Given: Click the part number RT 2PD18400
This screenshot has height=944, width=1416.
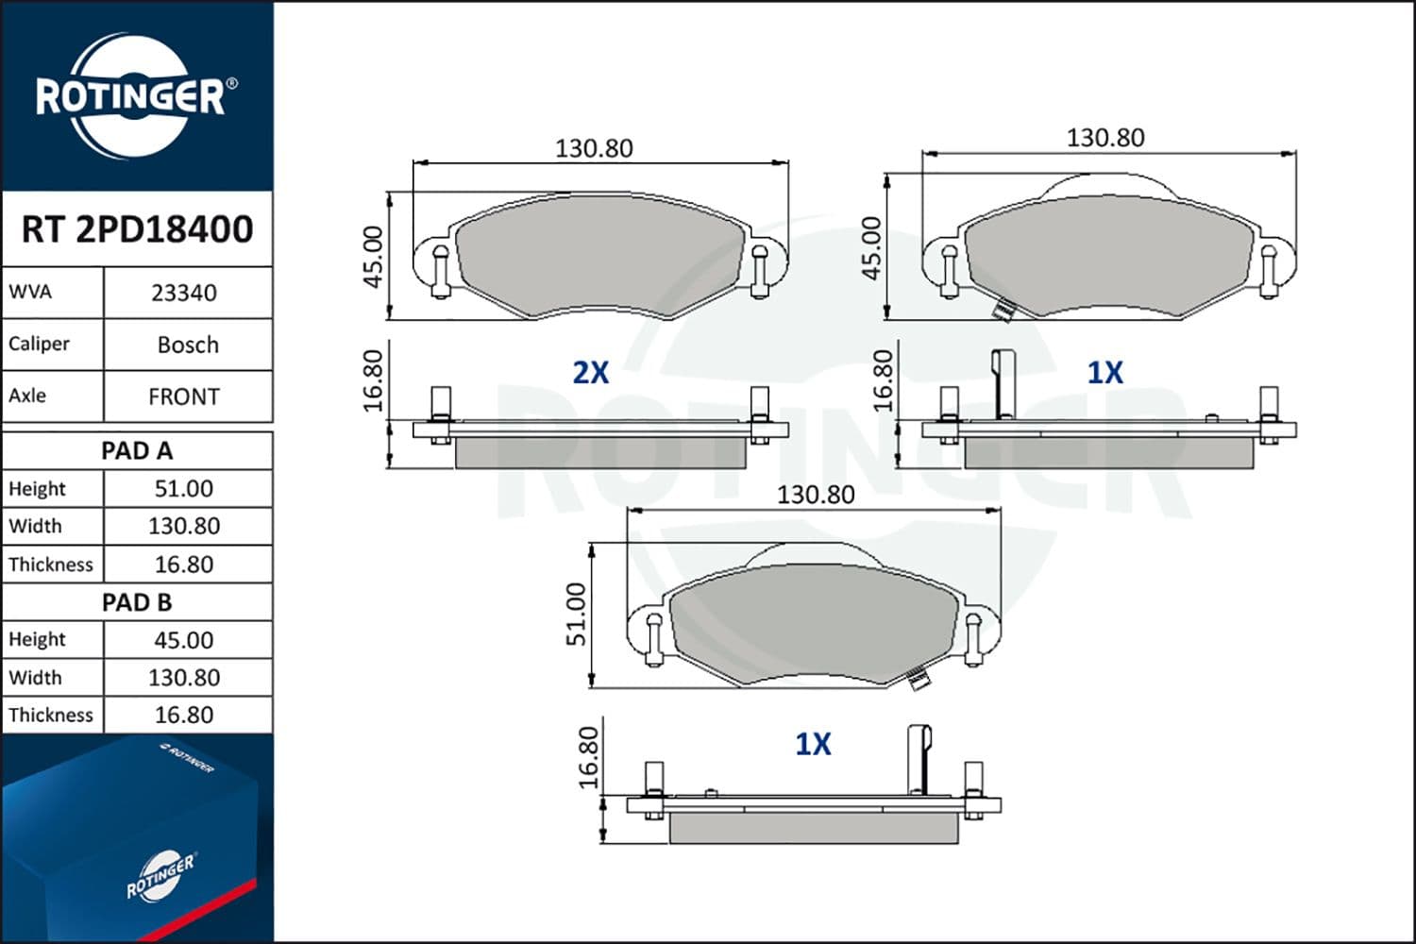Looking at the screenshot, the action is pyautogui.click(x=137, y=228).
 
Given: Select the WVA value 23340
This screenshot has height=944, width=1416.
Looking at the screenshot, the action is pyautogui.click(x=184, y=294).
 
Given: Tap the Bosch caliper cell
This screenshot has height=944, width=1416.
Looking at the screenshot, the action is pyautogui.click(x=188, y=346).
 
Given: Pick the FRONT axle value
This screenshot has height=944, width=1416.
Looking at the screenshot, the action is pyautogui.click(x=184, y=397).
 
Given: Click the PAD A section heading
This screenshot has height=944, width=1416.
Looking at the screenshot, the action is pyautogui.click(x=137, y=451).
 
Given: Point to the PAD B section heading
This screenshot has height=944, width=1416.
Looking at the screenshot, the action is pyautogui.click(x=137, y=602).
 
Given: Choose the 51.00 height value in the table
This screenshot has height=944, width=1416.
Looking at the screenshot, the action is pyautogui.click(x=184, y=489).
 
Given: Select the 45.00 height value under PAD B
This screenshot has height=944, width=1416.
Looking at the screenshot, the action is pyautogui.click(x=184, y=640).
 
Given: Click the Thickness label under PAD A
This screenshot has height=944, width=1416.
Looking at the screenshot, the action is pyautogui.click(x=51, y=565).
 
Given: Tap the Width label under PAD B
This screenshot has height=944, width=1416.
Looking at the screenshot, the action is pyautogui.click(x=36, y=678).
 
